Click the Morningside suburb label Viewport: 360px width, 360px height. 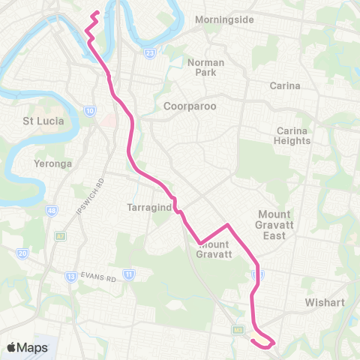pos(224,19)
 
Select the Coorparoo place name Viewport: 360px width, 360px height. pos(190,106)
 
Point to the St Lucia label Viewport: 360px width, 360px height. pos(43,120)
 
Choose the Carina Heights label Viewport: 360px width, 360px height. pos(292,136)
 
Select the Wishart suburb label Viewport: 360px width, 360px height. pos(324,303)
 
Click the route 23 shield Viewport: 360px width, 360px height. pos(150,53)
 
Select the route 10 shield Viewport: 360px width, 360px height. pos(90,111)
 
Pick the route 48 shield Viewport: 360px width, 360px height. pos(51,211)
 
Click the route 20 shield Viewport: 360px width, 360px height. pos(22,254)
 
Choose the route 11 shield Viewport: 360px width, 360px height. pos(129,274)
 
